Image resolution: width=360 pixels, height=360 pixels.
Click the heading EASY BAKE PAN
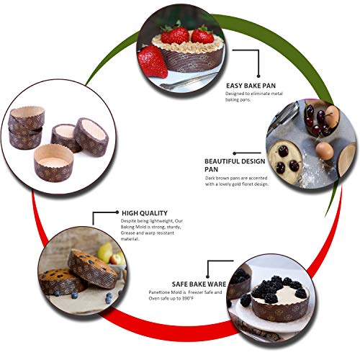click(x=251, y=86)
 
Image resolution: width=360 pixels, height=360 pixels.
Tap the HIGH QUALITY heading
click(x=145, y=213)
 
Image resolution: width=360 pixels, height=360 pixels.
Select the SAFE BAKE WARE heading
click(x=199, y=284)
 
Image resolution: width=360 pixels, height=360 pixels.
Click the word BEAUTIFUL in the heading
click(x=222, y=161)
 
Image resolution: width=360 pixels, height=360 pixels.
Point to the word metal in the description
click(x=276, y=94)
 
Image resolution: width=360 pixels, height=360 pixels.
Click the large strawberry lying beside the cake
click(x=152, y=61)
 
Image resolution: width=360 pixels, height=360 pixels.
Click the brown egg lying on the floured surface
click(x=324, y=151)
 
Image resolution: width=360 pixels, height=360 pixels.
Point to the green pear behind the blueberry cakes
click(x=105, y=252)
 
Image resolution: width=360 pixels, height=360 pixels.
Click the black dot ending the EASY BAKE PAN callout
click(x=258, y=76)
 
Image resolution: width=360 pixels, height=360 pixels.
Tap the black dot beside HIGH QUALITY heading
click(x=117, y=212)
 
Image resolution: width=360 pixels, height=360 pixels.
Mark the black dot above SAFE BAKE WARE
click(x=208, y=276)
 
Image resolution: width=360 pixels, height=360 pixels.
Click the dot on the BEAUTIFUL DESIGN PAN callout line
click(x=235, y=153)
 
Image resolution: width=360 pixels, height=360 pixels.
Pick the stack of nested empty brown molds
click(x=26, y=128)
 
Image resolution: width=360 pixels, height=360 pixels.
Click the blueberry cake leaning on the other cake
click(x=93, y=269)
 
